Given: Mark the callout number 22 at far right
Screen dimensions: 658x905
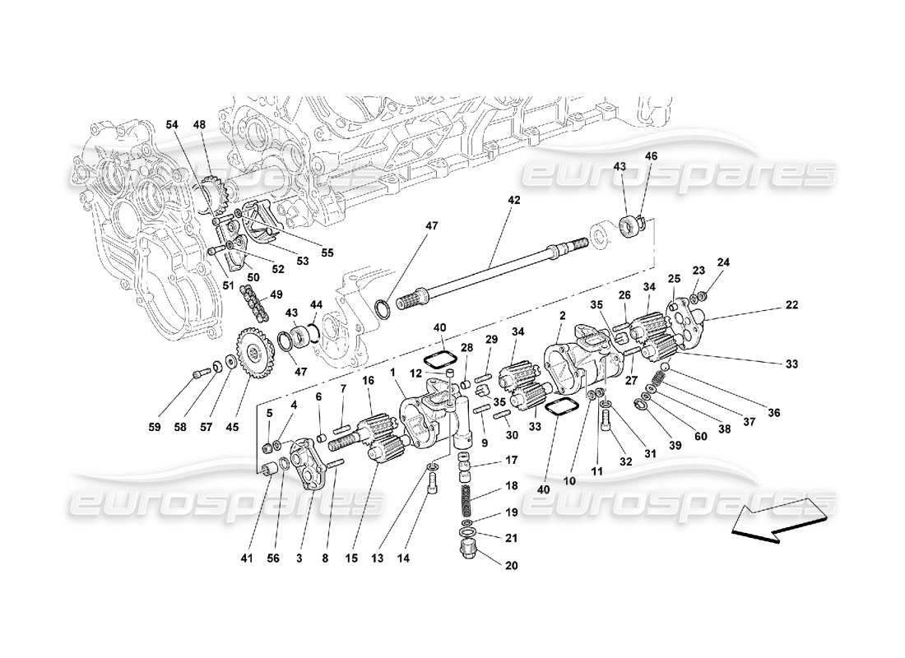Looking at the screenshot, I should point(791,305).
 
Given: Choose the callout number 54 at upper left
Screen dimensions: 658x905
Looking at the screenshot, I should point(171,124).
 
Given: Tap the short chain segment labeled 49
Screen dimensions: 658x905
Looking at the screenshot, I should point(254,302).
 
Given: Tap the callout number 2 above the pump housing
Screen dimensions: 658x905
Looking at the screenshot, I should point(563,315).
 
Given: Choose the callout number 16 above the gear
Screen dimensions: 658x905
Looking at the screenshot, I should point(368,381).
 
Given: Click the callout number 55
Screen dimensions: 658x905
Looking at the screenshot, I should point(327,253).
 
